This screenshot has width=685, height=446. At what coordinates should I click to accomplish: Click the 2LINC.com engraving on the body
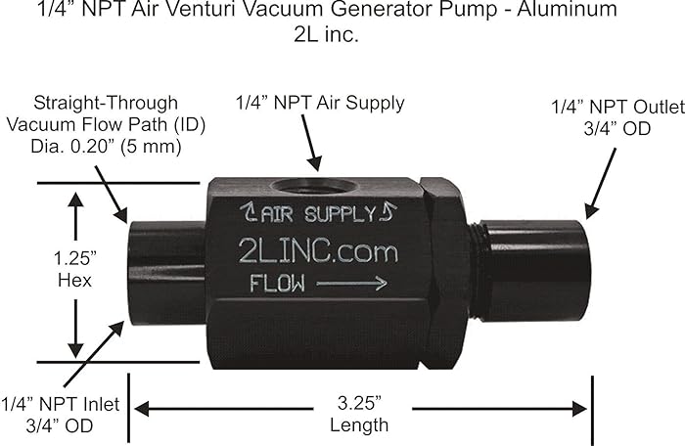(318, 250)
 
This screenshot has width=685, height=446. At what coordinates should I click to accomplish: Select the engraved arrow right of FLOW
(353, 285)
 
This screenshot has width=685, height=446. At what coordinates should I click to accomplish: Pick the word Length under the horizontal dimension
(360, 424)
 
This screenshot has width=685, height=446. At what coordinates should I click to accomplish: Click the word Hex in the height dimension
(74, 282)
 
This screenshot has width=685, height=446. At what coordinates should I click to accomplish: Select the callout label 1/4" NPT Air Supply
(320, 103)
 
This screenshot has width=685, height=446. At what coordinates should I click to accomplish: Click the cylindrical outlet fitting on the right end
(532, 271)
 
